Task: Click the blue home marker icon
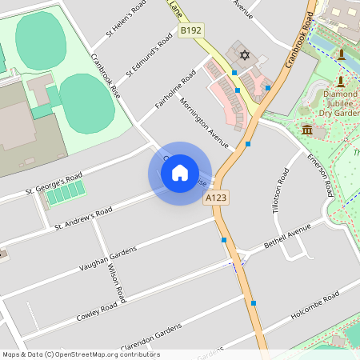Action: click(180, 173)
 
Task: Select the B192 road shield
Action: click(190, 30)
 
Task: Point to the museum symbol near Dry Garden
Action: click(307, 130)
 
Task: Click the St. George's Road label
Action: click(54, 184)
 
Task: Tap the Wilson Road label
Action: click(117, 284)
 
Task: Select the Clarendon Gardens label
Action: click(151, 335)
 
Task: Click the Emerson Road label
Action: click(320, 175)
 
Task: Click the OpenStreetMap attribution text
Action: click(80, 354)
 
